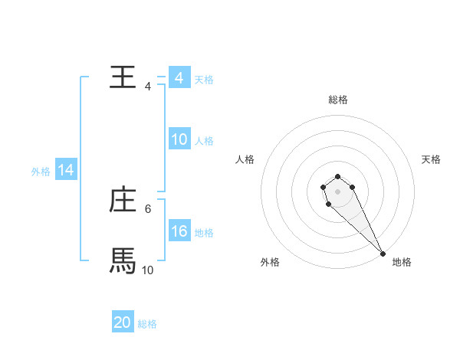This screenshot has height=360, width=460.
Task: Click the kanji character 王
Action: pyautogui.click(x=123, y=77)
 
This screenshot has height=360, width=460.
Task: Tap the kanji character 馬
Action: pyautogui.click(x=123, y=261)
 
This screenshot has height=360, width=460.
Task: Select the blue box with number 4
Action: pyautogui.click(x=179, y=78)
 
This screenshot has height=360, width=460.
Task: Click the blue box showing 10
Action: pyautogui.click(x=179, y=139)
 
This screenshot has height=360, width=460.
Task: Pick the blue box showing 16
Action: pyautogui.click(x=179, y=231)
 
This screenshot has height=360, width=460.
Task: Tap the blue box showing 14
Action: pyautogui.click(x=66, y=171)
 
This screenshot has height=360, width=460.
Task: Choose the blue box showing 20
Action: pyautogui.click(x=123, y=322)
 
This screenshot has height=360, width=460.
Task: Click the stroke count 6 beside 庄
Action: pyautogui.click(x=148, y=208)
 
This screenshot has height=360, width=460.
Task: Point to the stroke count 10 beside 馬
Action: pyautogui.click(x=148, y=270)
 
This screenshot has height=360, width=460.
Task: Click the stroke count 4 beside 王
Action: pyautogui.click(x=148, y=86)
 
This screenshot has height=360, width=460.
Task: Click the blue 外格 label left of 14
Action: pyautogui.click(x=41, y=172)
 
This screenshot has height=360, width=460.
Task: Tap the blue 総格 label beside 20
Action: pyautogui.click(x=147, y=324)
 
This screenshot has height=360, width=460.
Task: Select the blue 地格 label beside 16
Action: pyautogui.click(x=204, y=233)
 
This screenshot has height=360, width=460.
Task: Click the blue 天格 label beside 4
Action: pyautogui.click(x=204, y=80)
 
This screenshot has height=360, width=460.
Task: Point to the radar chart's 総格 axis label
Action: pyautogui.click(x=338, y=100)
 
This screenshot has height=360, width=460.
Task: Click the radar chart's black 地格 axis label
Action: pyautogui.click(x=402, y=262)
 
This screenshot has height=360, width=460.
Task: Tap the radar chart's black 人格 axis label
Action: pyautogui.click(x=245, y=159)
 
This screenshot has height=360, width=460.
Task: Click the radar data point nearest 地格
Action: pyautogui.click(x=383, y=254)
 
